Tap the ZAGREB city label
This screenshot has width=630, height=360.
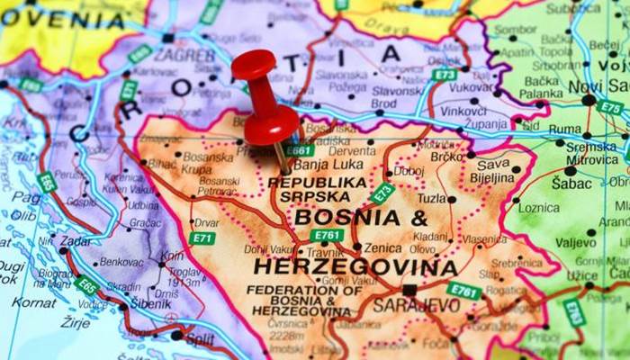[x=185, y=54]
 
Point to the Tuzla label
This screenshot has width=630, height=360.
[x=432, y=198]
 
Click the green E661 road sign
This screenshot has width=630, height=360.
[x=299, y=149]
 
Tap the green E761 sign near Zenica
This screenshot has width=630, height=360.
[x=327, y=236]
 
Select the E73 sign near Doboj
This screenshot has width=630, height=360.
[x=382, y=193]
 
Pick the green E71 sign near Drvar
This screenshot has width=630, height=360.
[x=202, y=238]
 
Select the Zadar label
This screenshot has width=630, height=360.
[x=75, y=240]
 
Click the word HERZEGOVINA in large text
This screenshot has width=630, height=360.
[x=355, y=267]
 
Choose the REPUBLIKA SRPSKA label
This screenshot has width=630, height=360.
[x=318, y=188]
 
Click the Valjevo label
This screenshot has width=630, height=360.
[x=576, y=242]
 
